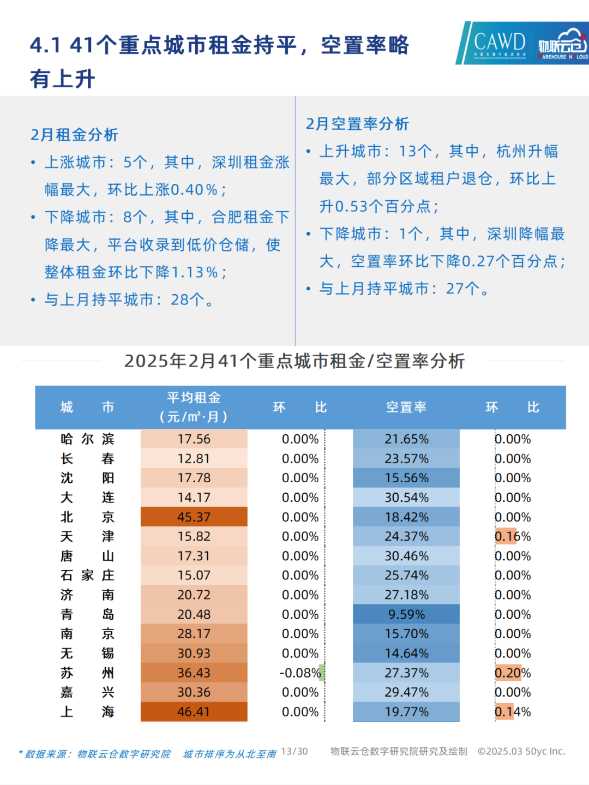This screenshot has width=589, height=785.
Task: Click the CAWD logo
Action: tap(498, 43)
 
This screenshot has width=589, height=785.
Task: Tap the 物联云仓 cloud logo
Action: tap(562, 44)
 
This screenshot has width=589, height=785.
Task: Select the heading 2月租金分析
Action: tap(74, 135)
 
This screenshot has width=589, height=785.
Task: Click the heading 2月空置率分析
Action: tap(357, 124)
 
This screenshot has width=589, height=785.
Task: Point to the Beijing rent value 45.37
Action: tap(194, 517)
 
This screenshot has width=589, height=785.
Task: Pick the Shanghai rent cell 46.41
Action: tap(194, 711)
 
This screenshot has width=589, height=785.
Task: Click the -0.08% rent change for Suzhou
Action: tap(300, 673)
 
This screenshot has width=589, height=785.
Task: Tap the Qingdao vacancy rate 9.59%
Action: tap(406, 614)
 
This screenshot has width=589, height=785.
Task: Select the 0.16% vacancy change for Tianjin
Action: tap(513, 536)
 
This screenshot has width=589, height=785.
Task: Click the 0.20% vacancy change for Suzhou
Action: tap(513, 673)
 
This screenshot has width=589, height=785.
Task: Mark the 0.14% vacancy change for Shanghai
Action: tap(513, 711)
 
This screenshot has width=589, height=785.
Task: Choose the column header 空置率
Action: tap(406, 407)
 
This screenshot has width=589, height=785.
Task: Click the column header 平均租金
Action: tap(194, 398)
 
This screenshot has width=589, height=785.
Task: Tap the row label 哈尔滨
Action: tap(87, 439)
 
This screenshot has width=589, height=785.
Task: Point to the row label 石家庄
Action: tap(87, 576)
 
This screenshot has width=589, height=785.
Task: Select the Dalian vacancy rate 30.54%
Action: tap(406, 498)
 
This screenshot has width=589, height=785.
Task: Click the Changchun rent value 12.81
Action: tap(194, 459)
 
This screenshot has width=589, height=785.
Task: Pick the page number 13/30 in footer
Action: tap(294, 751)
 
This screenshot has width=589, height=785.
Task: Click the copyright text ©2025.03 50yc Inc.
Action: tap(521, 751)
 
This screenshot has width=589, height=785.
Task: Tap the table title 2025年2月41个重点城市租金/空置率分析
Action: tap(294, 361)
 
